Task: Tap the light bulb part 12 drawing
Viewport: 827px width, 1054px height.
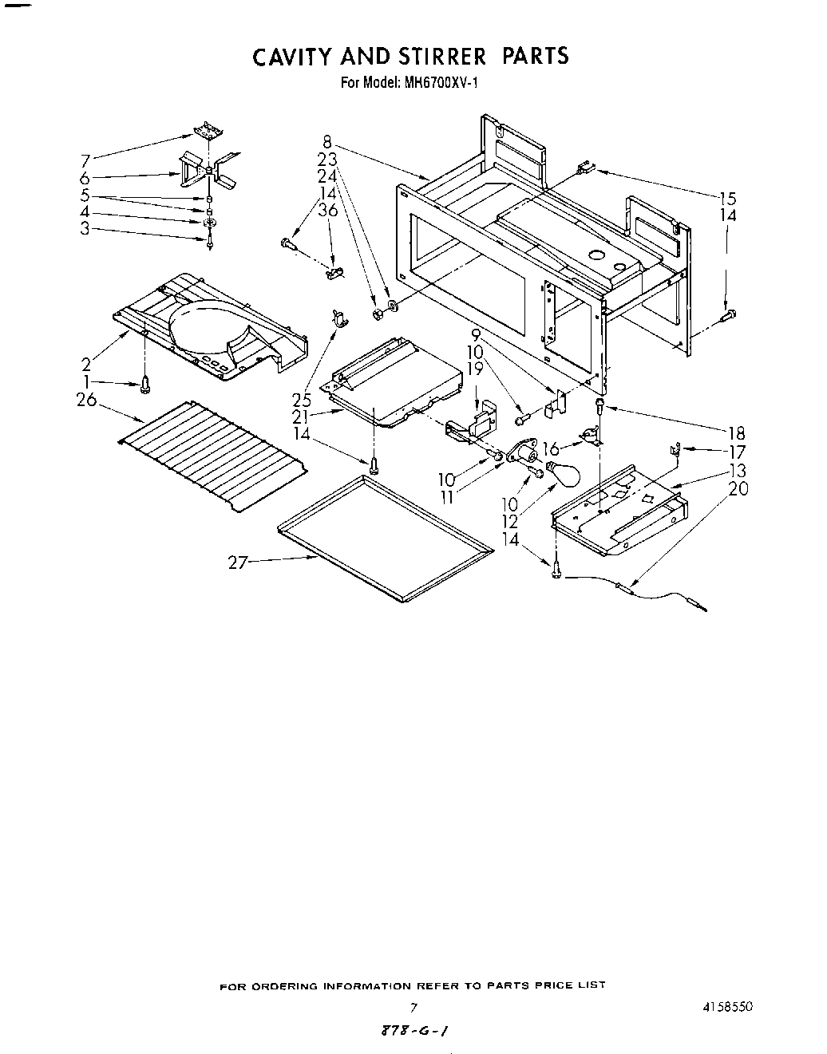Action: click(x=560, y=473)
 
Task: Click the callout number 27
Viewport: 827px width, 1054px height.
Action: click(x=237, y=563)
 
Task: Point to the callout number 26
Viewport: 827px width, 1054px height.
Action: click(x=86, y=401)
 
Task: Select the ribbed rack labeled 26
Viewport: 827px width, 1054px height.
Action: click(x=214, y=456)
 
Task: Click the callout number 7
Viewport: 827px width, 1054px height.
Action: click(x=85, y=160)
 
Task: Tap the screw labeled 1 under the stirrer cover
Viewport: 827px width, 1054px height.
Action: click(x=145, y=385)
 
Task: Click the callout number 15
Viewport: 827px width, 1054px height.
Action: click(x=727, y=199)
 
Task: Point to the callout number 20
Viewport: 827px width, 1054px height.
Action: click(x=739, y=488)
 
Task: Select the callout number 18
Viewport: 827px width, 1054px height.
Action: click(x=736, y=433)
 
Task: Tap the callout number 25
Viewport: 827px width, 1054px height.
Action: click(x=302, y=401)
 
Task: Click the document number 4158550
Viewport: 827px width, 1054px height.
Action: click(x=726, y=1007)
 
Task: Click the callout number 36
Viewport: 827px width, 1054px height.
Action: click(x=327, y=210)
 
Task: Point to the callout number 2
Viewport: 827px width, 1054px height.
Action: click(x=86, y=365)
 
